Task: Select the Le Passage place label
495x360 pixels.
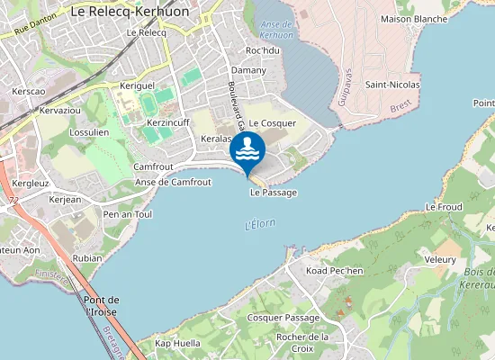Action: point(273,193)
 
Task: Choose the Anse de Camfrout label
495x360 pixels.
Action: point(172,182)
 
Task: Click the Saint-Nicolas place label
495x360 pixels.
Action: point(392,85)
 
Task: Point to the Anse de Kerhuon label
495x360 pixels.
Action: point(274,28)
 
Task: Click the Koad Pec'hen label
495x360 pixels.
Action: point(334,271)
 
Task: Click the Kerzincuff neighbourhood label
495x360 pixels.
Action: point(167,121)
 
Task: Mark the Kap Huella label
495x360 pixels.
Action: point(177,343)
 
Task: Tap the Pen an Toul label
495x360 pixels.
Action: point(128,215)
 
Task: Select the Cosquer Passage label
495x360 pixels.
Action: point(283,318)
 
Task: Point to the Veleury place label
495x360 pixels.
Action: point(440,258)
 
